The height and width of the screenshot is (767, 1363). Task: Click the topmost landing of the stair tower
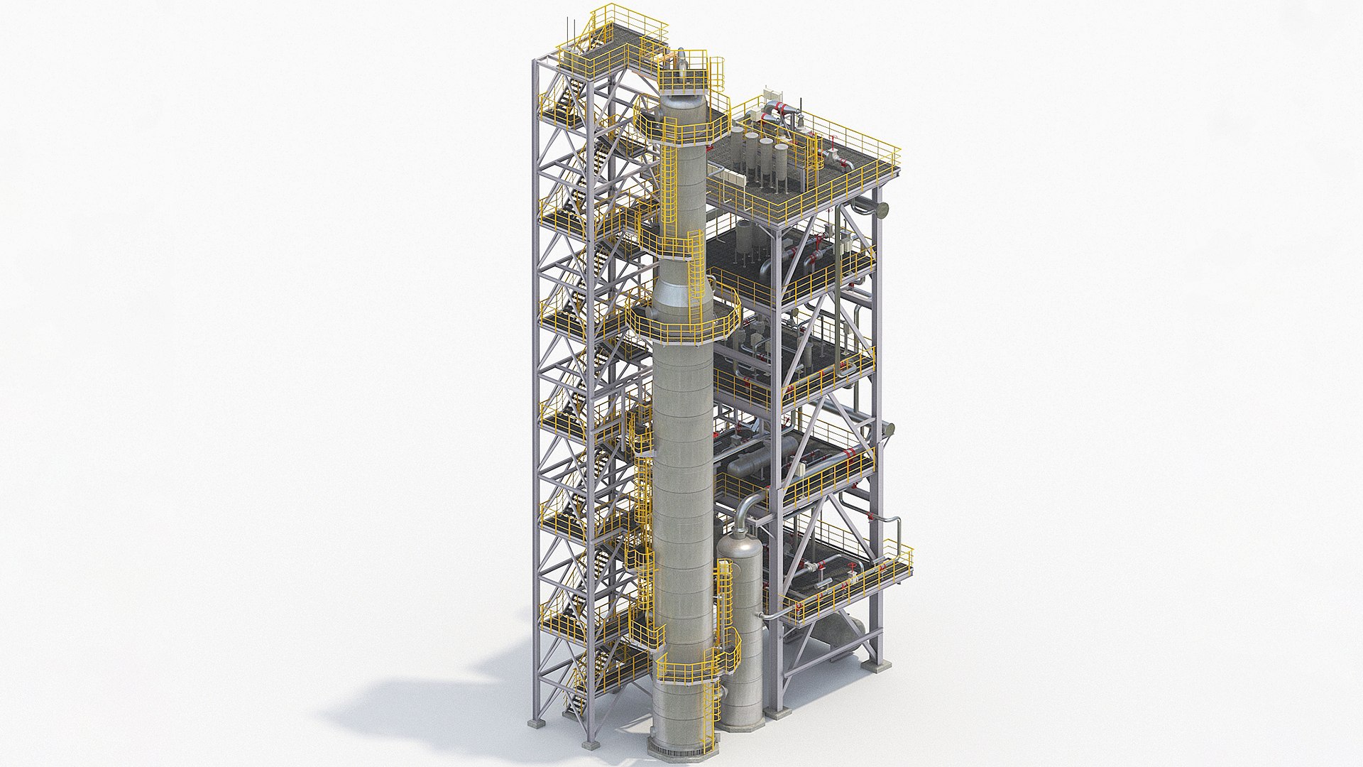tap(625, 32)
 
